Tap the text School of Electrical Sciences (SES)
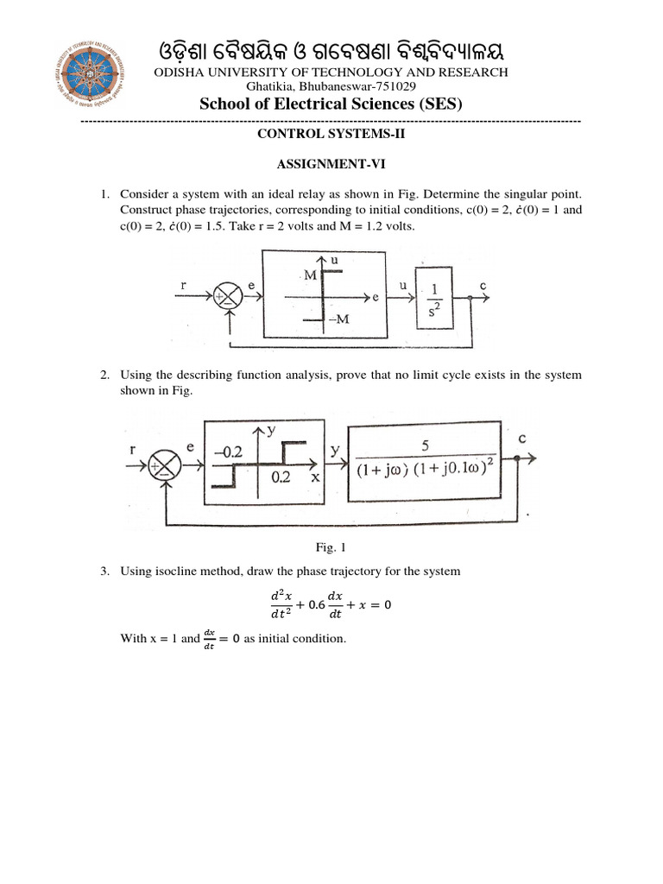(331, 104)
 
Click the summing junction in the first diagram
(229, 296)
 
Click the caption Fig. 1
(331, 546)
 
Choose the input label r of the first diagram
(184, 284)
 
